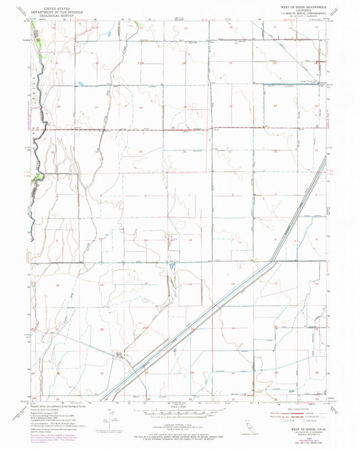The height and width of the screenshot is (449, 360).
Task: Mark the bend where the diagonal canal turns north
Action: (x=273, y=261)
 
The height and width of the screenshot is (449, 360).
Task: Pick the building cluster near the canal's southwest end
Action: (x=122, y=354)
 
